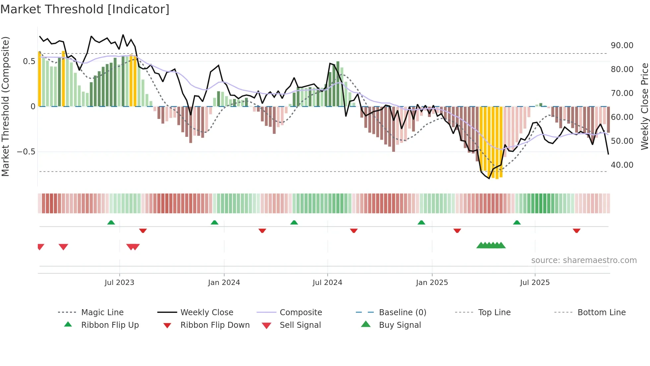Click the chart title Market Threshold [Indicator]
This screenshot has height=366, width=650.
pyautogui.click(x=85, y=9)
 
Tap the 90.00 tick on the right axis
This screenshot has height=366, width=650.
pyautogui.click(x=622, y=46)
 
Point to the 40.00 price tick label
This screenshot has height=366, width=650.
pyautogui.click(x=622, y=165)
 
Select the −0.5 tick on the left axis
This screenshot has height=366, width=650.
pyautogui.click(x=26, y=152)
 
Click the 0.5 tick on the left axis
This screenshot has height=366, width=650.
pyautogui.click(x=29, y=61)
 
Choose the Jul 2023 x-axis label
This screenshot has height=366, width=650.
pyautogui.click(x=119, y=283)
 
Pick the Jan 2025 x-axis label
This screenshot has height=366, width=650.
pyautogui.click(x=432, y=283)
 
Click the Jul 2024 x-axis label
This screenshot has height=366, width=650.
pyautogui.click(x=327, y=283)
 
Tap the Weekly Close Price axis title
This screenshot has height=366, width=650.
pyautogui.click(x=644, y=106)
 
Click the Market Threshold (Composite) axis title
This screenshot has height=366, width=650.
pyautogui.click(x=5, y=106)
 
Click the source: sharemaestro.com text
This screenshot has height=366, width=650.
pyautogui.click(x=584, y=260)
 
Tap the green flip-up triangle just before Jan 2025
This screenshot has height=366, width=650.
pyautogui.click(x=421, y=223)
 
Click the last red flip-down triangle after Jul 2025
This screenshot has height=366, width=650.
pyautogui.click(x=576, y=230)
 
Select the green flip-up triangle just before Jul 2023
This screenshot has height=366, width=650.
pyautogui.click(x=111, y=223)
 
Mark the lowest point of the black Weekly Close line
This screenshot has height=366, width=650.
pyautogui.click(x=489, y=178)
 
